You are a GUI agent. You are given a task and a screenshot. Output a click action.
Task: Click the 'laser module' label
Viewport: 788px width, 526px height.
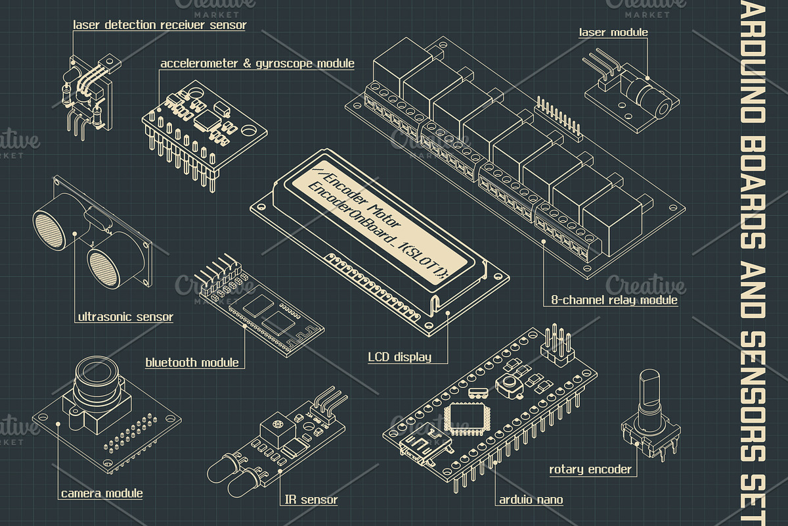(x=613, y=32)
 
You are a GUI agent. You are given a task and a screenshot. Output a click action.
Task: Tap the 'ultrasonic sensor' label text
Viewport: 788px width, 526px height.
(x=125, y=317)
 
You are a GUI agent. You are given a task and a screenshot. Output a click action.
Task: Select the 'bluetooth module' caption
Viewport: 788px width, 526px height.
(x=192, y=362)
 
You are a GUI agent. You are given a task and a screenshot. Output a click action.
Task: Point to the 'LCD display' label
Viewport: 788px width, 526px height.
(x=399, y=358)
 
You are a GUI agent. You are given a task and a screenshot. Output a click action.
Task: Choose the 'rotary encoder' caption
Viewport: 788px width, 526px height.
(x=590, y=469)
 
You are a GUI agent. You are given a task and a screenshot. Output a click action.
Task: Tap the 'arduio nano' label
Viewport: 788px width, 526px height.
(x=531, y=500)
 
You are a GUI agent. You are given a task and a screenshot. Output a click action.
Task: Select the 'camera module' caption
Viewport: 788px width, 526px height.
(x=102, y=493)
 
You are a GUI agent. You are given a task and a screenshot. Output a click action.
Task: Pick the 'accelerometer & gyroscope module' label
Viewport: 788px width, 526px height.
(x=257, y=64)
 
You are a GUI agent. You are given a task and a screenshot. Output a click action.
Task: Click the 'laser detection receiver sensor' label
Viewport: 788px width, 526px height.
(x=160, y=26)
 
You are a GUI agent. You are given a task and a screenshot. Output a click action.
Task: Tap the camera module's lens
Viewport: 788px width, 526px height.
(x=97, y=379)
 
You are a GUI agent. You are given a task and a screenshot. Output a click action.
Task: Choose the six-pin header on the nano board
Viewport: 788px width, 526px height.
(x=558, y=345)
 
